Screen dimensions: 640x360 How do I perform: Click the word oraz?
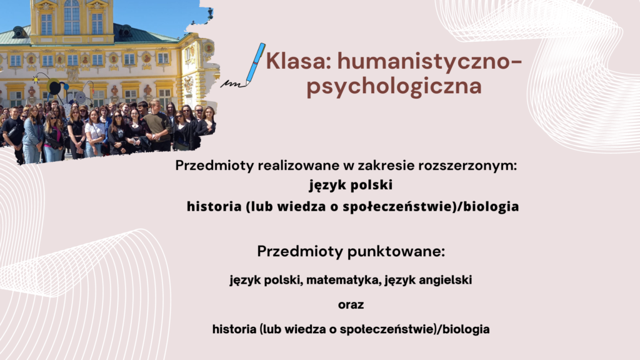pos(351,305)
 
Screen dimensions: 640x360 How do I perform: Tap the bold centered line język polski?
pos(351,185)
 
